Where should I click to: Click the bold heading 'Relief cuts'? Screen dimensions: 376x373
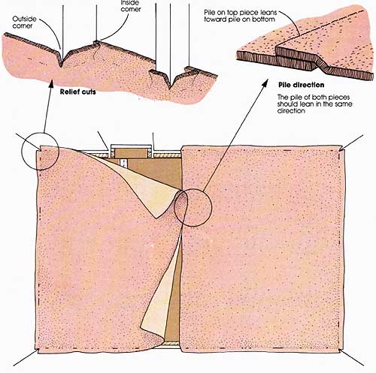coord(78,92)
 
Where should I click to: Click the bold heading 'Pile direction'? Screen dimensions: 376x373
coord(302,85)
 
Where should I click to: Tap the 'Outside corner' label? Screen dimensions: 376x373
coord(24,23)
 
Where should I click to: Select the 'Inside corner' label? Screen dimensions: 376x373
coord(131,6)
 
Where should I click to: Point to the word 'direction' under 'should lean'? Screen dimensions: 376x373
coord(291,110)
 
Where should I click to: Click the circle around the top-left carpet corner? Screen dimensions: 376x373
coord(40,152)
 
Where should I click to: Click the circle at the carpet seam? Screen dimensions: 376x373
coord(193,208)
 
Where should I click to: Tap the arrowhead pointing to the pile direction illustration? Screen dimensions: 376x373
coord(265,83)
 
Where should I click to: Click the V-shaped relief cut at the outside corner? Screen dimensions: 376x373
coord(62,59)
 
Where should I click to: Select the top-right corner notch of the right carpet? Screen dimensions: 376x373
coord(341,149)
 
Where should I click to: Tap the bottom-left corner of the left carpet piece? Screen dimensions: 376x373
coord(37,350)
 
